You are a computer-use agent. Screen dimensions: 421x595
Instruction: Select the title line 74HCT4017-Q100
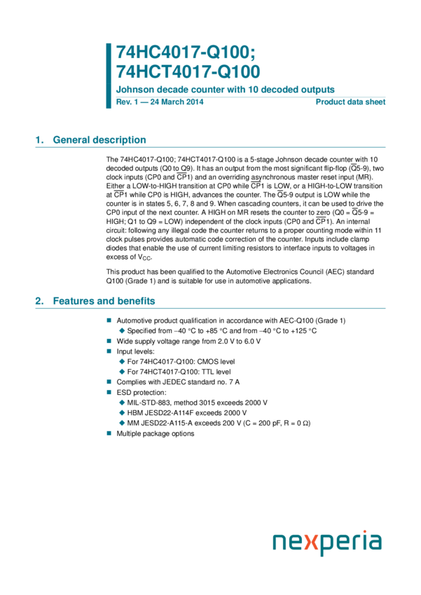coord(188,71)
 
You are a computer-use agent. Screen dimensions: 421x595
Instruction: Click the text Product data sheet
coord(350,102)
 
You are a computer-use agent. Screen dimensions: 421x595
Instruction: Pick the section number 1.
coord(39,140)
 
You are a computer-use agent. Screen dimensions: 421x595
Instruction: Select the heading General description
coord(99,140)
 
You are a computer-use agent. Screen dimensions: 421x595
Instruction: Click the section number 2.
coord(39,301)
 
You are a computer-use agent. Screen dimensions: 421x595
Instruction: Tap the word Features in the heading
coord(73,301)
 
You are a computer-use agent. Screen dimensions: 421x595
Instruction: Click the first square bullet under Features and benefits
coord(109,320)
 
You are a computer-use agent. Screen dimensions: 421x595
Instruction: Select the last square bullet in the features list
coord(109,433)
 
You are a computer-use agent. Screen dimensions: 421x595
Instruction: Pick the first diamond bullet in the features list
coord(122,330)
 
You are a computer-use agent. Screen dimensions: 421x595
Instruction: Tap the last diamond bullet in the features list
coord(122,423)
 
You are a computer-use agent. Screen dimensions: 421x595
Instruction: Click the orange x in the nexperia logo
coord(315,543)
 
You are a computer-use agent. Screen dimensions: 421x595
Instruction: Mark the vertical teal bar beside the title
coord(109,75)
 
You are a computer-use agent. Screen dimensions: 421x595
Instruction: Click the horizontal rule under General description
coord(210,148)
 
